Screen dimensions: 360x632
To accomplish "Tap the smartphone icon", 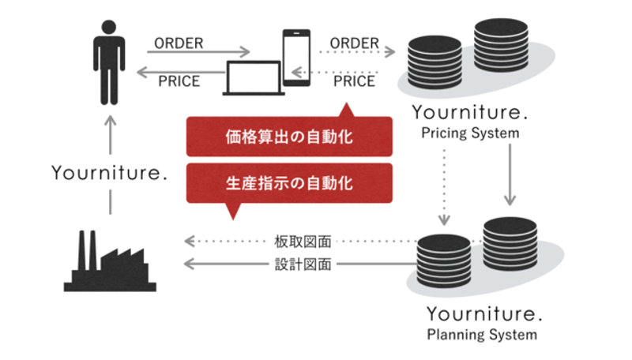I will (x=296, y=58).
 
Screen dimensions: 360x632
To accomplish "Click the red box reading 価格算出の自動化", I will (x=289, y=137).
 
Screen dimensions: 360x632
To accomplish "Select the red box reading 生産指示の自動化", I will (x=289, y=183).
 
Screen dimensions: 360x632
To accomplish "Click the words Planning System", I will (x=482, y=335).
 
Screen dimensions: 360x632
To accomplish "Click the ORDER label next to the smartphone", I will (x=354, y=42).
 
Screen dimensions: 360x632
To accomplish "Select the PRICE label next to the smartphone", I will (x=354, y=81).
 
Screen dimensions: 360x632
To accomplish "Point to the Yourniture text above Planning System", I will (x=483, y=313).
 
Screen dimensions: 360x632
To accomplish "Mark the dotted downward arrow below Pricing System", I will (x=445, y=186).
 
